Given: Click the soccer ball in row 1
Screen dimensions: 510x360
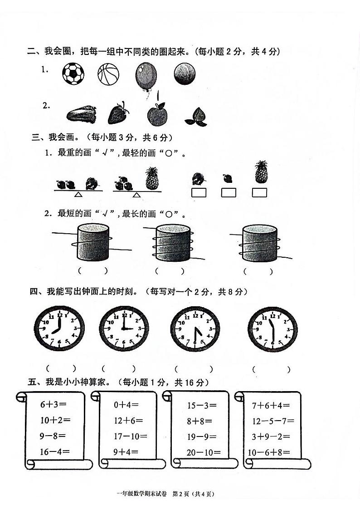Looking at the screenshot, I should click(73, 74).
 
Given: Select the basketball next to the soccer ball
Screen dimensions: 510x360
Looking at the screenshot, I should click(108, 74).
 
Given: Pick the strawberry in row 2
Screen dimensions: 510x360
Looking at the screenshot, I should click(118, 113).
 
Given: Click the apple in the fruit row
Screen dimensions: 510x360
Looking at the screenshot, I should click(157, 113).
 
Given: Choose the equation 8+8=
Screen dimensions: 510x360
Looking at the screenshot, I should click(199, 421).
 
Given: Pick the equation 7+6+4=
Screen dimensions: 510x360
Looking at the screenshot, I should click(271, 405).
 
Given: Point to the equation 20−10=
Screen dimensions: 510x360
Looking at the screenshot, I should click(204, 452).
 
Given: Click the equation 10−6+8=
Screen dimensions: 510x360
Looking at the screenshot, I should click(268, 452).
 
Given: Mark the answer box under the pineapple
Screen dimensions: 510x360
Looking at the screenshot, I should click(259, 193).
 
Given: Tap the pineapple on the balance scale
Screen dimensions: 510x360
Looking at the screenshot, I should click(152, 179).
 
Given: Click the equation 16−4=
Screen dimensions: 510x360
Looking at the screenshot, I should click(55, 451).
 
